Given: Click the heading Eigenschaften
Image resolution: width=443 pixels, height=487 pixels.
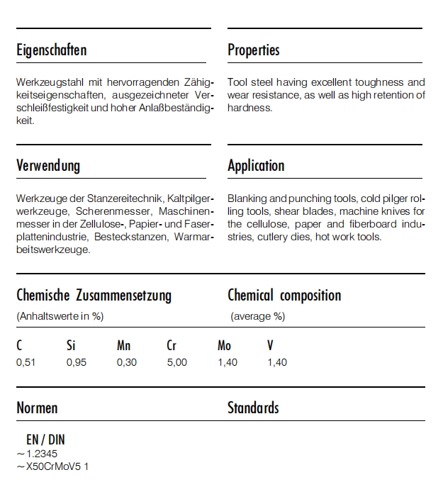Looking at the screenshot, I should coord(52,50).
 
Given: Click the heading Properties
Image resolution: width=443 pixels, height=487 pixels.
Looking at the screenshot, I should coord(253,50).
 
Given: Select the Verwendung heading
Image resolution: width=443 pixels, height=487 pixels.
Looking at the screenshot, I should coord(48,166).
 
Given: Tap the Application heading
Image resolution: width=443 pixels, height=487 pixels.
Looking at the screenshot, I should coord(256,166).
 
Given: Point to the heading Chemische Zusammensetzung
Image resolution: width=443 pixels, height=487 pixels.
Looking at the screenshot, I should coord(94,296).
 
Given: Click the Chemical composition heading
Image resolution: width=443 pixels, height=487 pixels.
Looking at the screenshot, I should coord(284,296).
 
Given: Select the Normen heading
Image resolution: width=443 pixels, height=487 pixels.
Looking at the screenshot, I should coord(37,408).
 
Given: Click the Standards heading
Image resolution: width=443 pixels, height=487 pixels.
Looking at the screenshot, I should coord(253,408).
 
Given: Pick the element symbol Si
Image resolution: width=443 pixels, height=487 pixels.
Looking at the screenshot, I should coord(71,346).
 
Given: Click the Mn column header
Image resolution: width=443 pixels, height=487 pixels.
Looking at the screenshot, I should coord(123,346).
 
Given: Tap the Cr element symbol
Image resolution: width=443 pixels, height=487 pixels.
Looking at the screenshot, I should coord(172,346).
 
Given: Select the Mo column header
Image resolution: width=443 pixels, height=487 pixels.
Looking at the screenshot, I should coord(224,346).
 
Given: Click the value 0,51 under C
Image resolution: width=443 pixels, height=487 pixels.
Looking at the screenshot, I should coord(26,362).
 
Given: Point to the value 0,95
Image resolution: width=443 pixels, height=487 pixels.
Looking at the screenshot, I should coord(76,362).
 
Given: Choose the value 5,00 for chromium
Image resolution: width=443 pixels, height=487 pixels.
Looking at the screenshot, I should coord(176,362).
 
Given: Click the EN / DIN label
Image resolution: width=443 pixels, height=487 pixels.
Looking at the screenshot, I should coord(45,440).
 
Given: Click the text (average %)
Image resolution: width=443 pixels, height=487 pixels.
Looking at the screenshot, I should coord(257,316).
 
